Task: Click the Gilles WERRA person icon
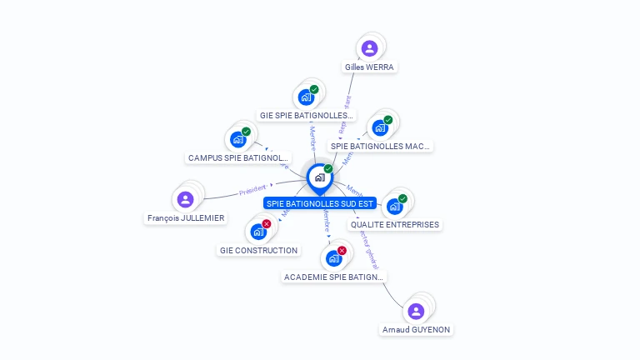[x=369, y=48]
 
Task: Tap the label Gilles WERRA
[x=369, y=67]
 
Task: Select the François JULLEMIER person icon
[x=185, y=199]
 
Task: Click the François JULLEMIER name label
[x=186, y=218]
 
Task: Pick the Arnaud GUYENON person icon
[x=416, y=311]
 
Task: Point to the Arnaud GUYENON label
[x=416, y=330]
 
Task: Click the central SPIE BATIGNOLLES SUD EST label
[x=320, y=203]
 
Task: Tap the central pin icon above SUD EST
[x=319, y=177]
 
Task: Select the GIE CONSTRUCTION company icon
[x=257, y=232]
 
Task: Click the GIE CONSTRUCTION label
[x=258, y=251]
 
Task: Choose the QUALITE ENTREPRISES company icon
[x=394, y=207]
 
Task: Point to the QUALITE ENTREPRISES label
[x=394, y=225]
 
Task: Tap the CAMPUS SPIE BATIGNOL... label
[x=238, y=157]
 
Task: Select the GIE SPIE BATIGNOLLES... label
[x=307, y=116]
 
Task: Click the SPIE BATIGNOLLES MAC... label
[x=381, y=147]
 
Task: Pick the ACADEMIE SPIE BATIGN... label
[x=333, y=277]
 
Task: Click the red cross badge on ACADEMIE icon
[x=342, y=251]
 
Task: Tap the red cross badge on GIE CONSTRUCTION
[x=267, y=224]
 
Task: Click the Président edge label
[x=252, y=191]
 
